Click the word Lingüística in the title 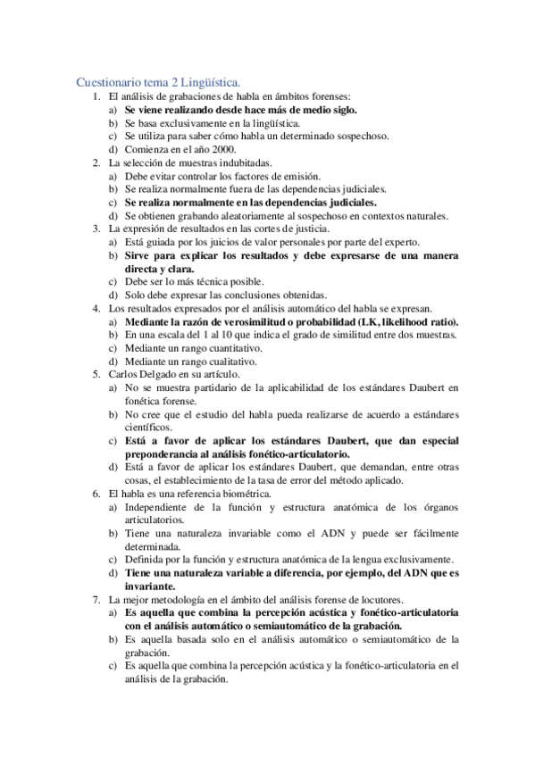point(222,80)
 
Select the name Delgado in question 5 point(168,375)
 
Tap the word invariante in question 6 point(149,586)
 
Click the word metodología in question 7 point(186,600)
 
